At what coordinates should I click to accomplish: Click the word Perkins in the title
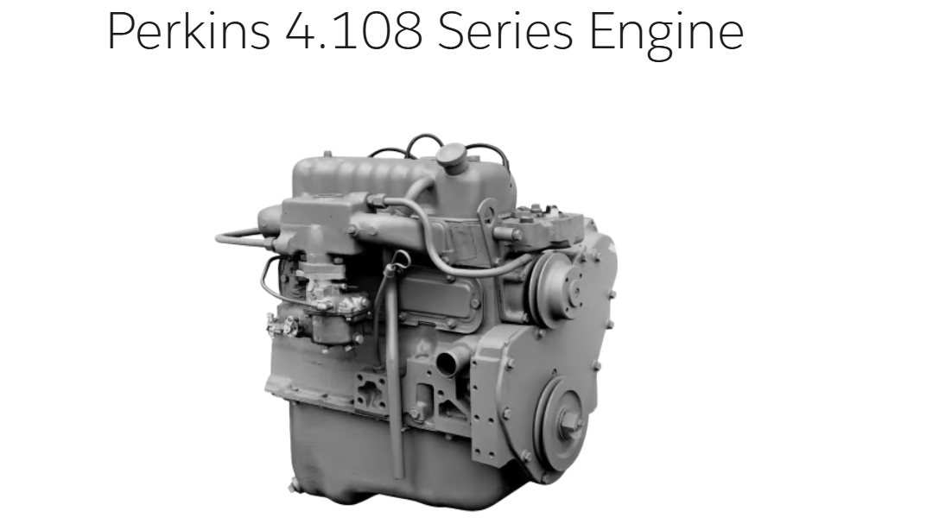pyautogui.click(x=188, y=32)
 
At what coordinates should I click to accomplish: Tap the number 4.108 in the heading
pyautogui.click(x=354, y=32)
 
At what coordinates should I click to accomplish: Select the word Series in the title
pyautogui.click(x=505, y=32)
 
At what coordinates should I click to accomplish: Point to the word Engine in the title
pyautogui.click(x=666, y=35)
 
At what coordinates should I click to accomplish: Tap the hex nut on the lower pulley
pyautogui.click(x=568, y=420)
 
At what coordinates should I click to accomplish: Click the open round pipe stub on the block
pyautogui.click(x=447, y=363)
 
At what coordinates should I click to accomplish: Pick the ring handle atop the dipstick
pyautogui.click(x=397, y=262)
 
